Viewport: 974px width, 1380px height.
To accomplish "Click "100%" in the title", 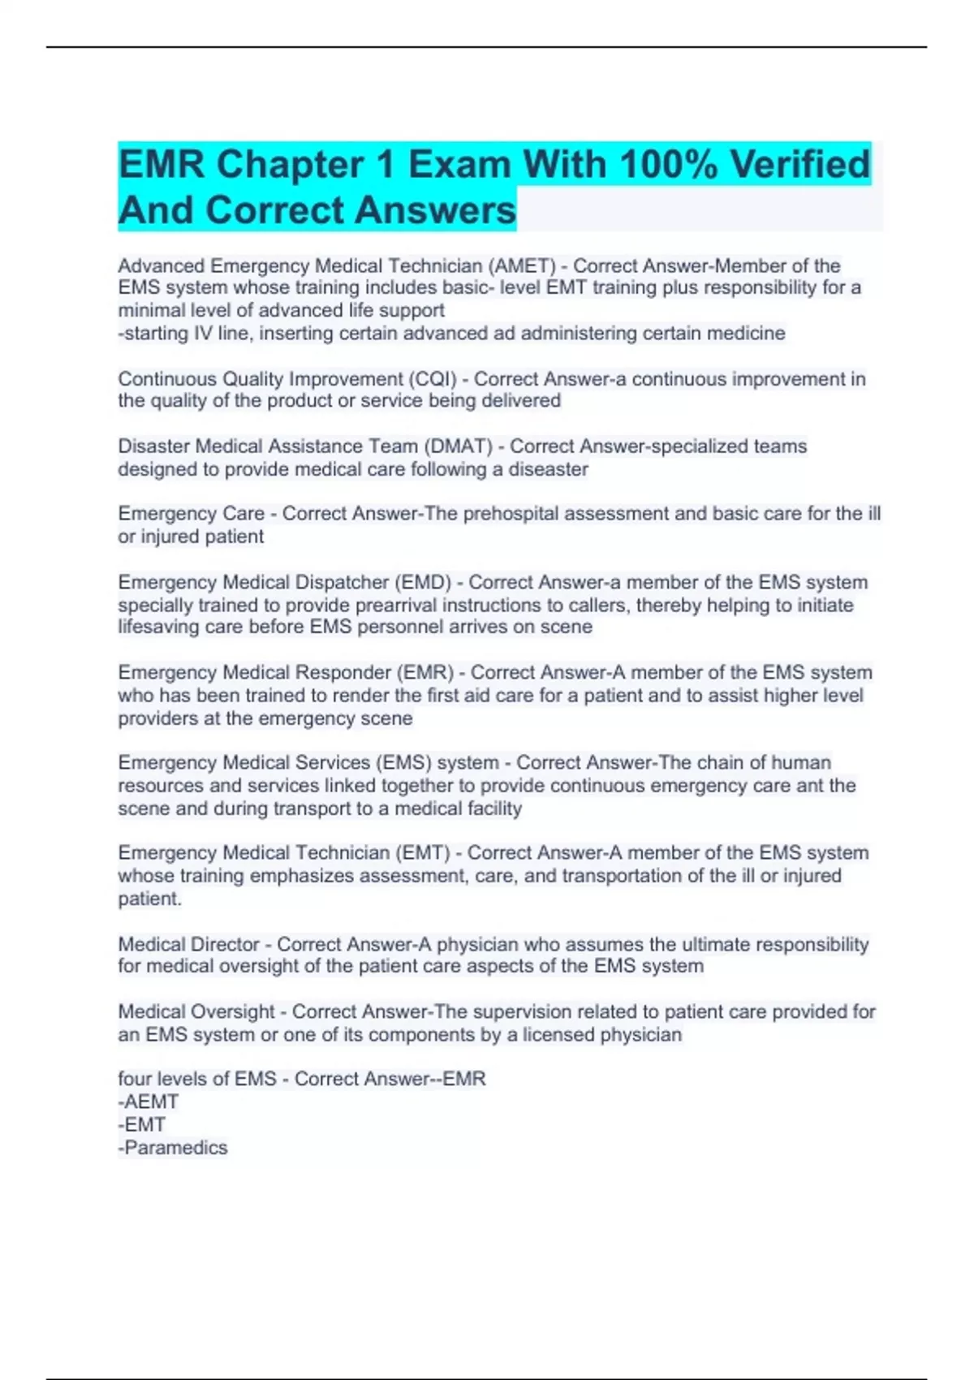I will click(x=668, y=165).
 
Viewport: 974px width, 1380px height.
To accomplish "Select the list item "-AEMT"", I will click(x=149, y=1102).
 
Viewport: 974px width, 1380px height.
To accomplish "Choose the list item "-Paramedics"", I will click(x=173, y=1148).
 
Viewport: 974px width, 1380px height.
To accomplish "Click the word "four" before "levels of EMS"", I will click(x=134, y=1080).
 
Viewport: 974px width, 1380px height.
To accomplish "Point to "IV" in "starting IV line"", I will click(x=202, y=334).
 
